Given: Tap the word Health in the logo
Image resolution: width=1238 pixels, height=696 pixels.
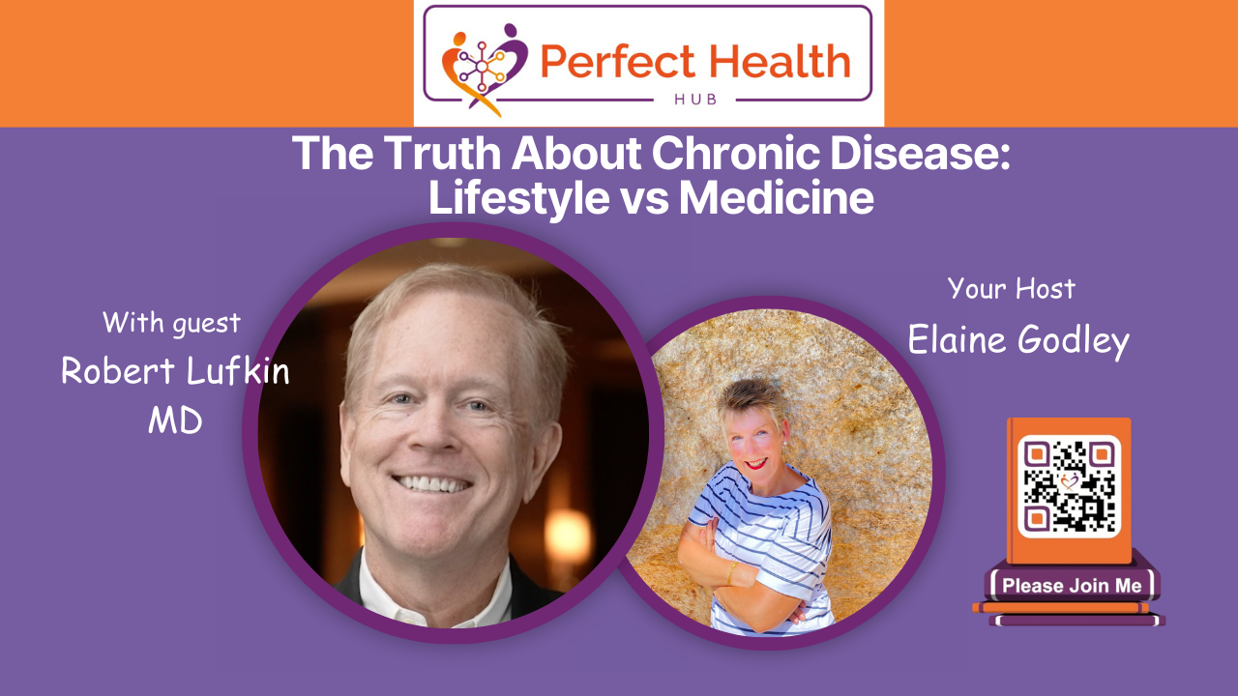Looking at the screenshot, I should (x=773, y=63).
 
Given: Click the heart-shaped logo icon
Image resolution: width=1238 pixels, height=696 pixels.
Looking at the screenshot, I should (x=485, y=67).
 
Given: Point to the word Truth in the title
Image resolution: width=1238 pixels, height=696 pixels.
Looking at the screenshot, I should (x=423, y=154).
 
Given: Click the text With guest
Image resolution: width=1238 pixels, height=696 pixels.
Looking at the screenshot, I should (x=171, y=322).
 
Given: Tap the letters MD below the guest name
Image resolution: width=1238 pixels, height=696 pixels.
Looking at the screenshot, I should (x=175, y=420).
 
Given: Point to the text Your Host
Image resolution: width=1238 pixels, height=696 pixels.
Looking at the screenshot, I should (x=1012, y=288).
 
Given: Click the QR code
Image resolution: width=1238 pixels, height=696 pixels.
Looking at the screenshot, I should (x=1069, y=487).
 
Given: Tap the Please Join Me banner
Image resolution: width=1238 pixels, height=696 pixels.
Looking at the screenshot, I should (x=1071, y=585).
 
